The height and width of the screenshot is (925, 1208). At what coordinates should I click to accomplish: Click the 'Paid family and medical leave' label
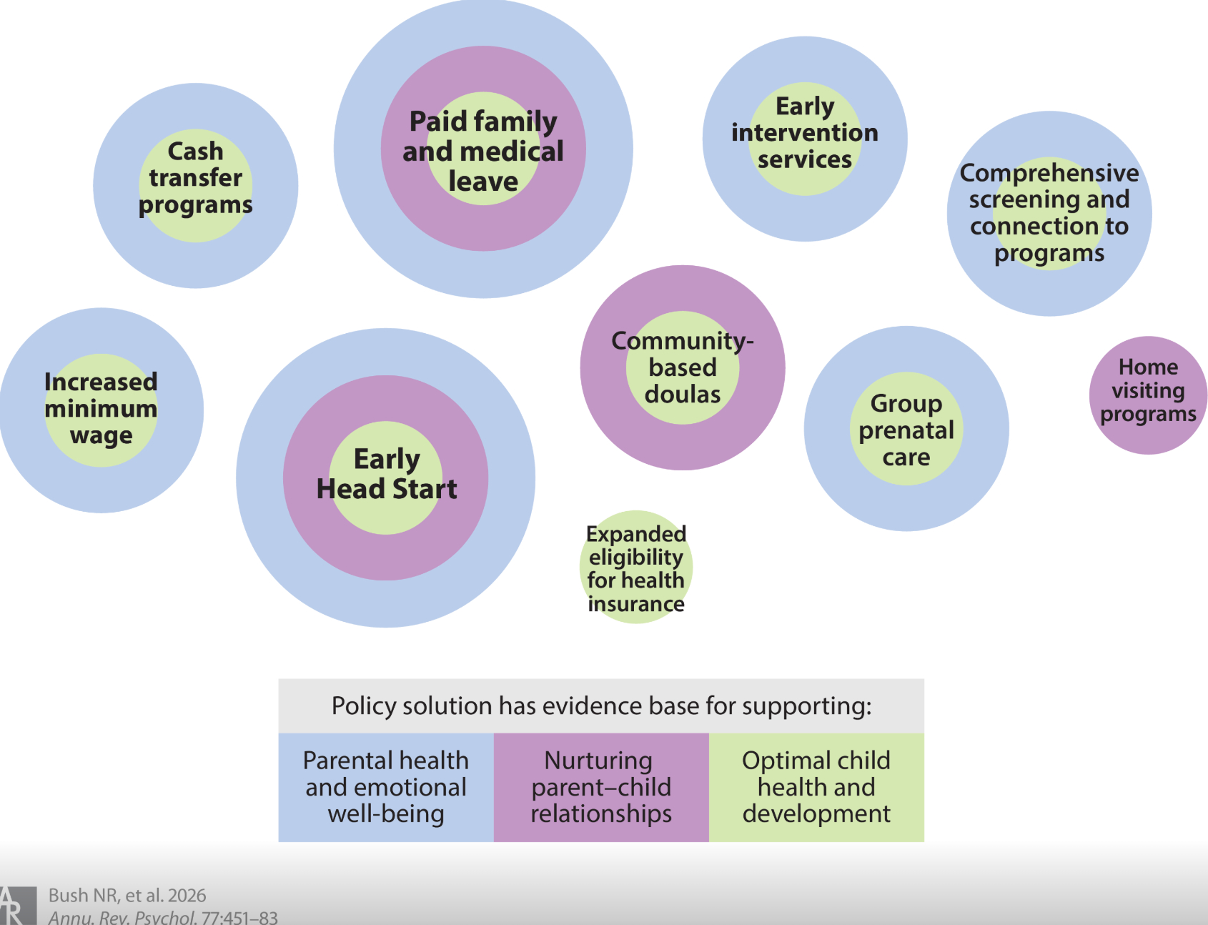[x=483, y=151]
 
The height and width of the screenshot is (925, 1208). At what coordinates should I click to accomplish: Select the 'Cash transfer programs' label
[x=195, y=178]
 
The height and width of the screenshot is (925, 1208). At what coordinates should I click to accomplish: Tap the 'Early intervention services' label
[x=805, y=133]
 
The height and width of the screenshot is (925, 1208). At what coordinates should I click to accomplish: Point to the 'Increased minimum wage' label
[x=101, y=408]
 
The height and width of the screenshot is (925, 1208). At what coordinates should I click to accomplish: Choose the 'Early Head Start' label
[x=387, y=474]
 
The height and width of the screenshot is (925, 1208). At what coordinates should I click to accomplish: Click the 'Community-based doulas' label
[x=683, y=367]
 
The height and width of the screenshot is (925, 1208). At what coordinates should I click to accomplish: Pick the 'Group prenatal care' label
[x=906, y=430]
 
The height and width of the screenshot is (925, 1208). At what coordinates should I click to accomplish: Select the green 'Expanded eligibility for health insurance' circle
[x=635, y=568]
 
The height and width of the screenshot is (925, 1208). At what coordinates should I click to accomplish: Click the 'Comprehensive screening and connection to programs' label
[x=1049, y=213]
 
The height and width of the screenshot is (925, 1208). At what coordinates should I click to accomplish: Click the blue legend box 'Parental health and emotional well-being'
[x=386, y=787]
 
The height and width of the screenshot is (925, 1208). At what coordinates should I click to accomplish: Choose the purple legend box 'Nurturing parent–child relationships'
[x=601, y=787]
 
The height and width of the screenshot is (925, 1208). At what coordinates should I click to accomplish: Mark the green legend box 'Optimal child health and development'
[x=816, y=787]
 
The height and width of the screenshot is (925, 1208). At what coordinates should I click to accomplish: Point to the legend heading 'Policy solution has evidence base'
[x=601, y=706]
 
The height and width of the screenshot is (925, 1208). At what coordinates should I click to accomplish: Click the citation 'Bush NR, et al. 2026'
[x=127, y=896]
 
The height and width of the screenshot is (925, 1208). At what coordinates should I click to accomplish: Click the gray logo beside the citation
[x=18, y=906]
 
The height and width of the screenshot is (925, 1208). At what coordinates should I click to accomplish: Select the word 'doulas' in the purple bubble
[x=683, y=395]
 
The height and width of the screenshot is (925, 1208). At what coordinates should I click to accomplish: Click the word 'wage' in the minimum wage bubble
[x=102, y=435]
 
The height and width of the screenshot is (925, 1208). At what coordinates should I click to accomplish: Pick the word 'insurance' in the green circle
[x=636, y=605]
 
